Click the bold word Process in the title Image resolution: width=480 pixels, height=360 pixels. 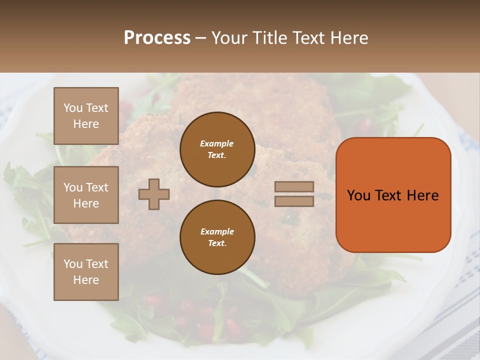[x=157, y=38]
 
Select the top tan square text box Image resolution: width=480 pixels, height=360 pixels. [x=86, y=116]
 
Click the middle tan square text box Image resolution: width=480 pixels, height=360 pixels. [x=86, y=195]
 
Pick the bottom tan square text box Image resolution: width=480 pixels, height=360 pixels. [x=86, y=272]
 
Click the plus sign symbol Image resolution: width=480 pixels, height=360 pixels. [x=154, y=194]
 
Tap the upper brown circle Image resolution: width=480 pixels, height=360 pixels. [x=217, y=149]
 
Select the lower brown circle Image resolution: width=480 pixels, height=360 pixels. [x=217, y=237]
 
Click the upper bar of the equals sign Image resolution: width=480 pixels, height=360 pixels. [x=294, y=186]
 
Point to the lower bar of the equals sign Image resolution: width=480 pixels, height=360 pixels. [x=294, y=201]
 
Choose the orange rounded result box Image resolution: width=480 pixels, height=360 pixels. [x=393, y=194]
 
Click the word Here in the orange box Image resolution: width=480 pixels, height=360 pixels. [x=422, y=195]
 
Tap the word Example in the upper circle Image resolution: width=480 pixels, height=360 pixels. [x=216, y=143]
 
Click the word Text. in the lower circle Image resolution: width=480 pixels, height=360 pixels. [x=217, y=243]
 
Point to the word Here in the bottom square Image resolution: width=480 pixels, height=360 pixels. [x=86, y=280]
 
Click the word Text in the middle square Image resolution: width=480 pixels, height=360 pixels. [x=97, y=187]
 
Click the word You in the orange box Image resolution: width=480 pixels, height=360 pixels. [x=358, y=195]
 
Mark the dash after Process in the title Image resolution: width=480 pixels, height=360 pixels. [x=200, y=38]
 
